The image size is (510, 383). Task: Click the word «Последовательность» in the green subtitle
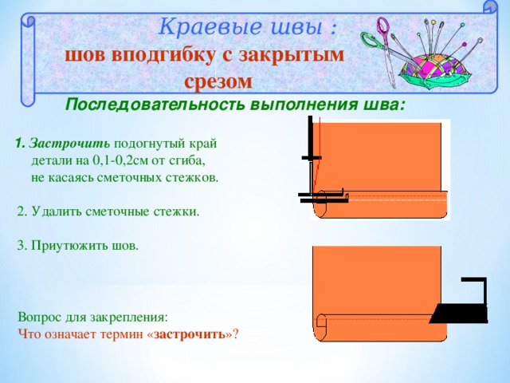coord(153,105)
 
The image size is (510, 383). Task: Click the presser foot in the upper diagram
coord(322,197)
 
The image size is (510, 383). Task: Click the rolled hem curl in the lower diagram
coord(321,322)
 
